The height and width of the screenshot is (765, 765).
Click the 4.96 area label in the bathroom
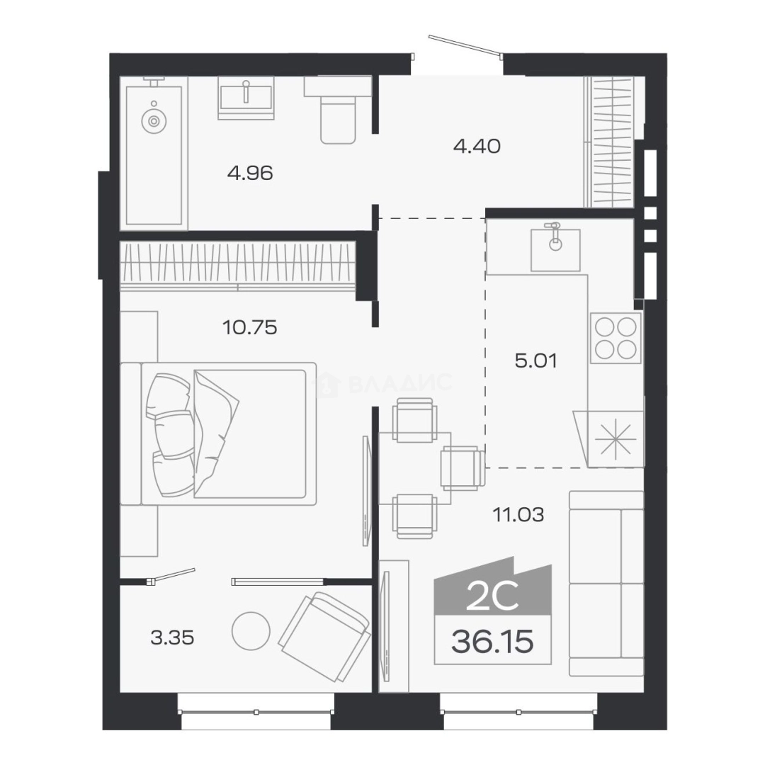(250, 174)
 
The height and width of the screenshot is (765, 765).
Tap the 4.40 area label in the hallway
(477, 146)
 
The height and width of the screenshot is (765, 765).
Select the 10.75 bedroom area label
(249, 327)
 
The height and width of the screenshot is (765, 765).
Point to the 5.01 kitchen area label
(535, 361)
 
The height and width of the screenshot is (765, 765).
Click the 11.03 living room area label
(518, 514)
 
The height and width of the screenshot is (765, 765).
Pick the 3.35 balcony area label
(172, 637)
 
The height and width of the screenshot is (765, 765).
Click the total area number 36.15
(492, 641)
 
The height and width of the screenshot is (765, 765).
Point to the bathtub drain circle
(154, 120)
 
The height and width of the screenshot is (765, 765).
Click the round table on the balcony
(251, 631)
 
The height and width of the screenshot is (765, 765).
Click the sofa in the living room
(606, 583)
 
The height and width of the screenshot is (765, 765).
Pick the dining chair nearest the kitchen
(463, 468)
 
